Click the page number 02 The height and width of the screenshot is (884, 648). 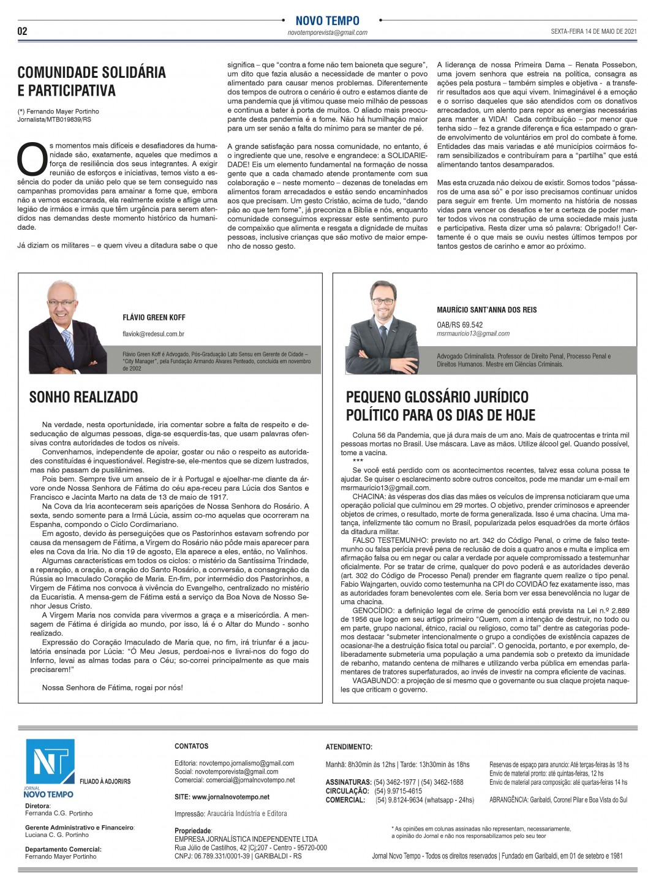tap(23, 31)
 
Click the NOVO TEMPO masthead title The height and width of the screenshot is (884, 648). tap(327, 21)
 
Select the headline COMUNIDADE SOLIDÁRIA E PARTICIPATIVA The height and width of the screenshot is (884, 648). tap(92, 81)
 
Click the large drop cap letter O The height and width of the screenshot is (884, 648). tap(32, 159)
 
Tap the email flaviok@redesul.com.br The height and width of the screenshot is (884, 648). tap(154, 334)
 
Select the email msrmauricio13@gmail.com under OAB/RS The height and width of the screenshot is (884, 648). tap(473, 334)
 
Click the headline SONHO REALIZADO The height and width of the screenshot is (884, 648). tap(83, 397)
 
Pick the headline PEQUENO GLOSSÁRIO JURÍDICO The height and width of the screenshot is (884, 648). tap(437, 397)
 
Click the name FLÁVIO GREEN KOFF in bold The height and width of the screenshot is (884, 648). tap(154, 317)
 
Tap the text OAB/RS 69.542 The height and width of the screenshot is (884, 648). tap(459, 325)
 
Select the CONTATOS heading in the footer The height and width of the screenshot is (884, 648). tap(191, 746)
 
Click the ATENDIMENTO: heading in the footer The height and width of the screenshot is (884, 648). tap(348, 747)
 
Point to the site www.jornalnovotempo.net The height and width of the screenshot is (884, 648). tap(222, 797)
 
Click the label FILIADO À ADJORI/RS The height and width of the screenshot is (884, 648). tap(105, 782)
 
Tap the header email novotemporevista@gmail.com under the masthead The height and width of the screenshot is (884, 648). tap(327, 32)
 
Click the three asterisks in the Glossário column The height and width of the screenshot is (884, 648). tap(358, 460)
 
